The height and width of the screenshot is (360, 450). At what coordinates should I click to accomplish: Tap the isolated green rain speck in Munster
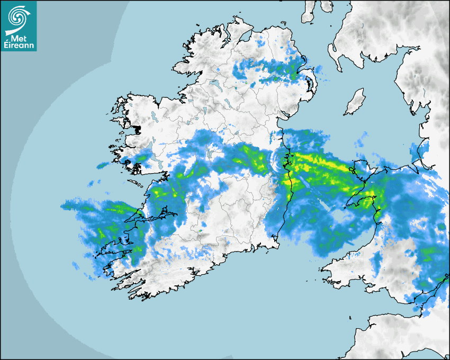200,230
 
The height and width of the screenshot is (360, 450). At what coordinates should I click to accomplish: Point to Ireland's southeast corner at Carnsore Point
276,247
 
